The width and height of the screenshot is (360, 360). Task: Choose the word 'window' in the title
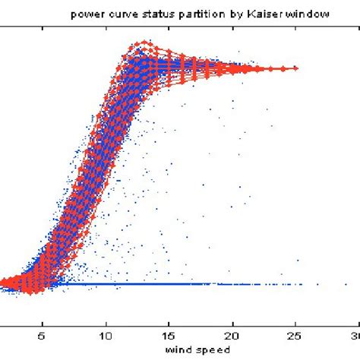(x=289, y=14)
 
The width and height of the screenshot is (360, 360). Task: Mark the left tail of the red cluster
(x=5, y=283)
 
